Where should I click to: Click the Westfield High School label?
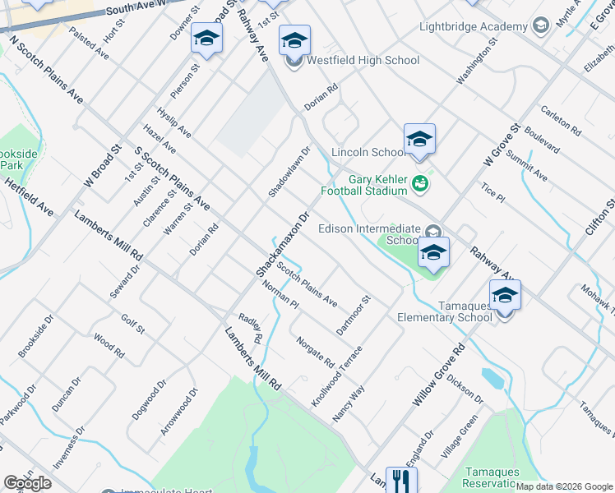(363, 60)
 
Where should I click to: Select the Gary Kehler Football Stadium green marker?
(420, 182)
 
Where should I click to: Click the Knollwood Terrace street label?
(336, 376)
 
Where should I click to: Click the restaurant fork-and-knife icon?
(401, 480)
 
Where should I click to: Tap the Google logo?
(27, 483)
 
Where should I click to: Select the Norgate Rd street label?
(315, 352)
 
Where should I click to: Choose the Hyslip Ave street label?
(174, 122)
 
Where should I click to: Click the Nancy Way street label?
(348, 403)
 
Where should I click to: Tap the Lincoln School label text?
(367, 152)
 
